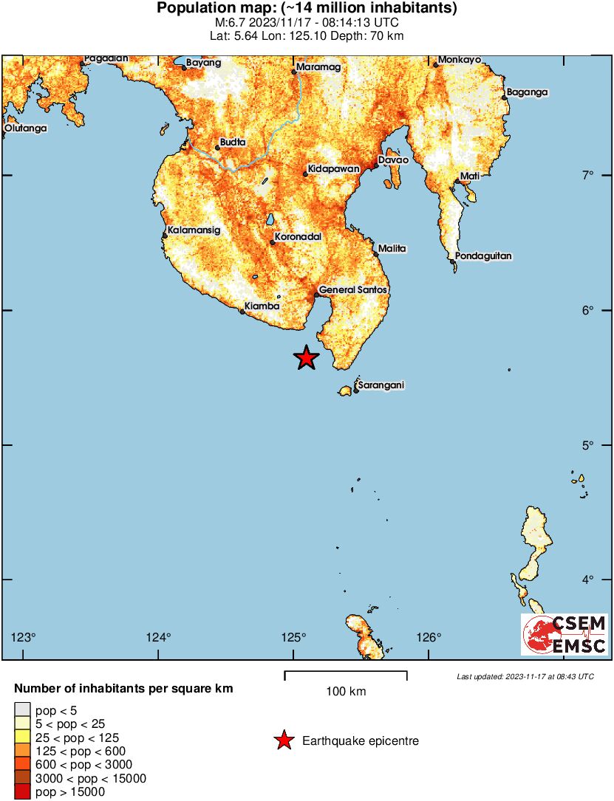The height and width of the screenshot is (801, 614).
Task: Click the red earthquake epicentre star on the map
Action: click(306, 358)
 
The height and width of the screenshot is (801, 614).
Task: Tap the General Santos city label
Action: click(352, 290)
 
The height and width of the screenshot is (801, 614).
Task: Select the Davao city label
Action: click(393, 159)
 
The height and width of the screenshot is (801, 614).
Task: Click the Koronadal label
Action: click(296, 238)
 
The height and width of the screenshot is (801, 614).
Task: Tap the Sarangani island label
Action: click(381, 385)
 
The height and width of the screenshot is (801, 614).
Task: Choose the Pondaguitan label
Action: click(483, 256)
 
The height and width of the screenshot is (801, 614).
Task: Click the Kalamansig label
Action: click(194, 230)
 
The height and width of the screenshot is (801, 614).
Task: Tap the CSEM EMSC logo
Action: click(564, 635)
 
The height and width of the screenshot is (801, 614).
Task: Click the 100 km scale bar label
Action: click(346, 692)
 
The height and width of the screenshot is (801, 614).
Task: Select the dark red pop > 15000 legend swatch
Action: click(22, 792)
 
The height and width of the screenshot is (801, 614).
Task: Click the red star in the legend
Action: click(283, 740)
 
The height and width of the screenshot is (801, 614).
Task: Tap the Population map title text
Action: click(307, 9)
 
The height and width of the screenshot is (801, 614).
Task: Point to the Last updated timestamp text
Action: click(525, 676)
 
